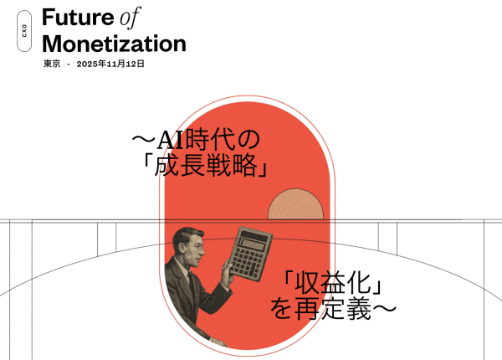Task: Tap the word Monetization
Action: click(x=114, y=43)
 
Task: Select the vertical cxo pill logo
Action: click(x=23, y=32)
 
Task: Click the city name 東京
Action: click(x=52, y=64)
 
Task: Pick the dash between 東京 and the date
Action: click(x=68, y=64)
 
